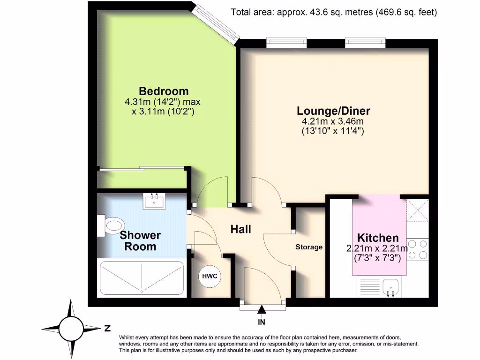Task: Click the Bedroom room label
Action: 164,91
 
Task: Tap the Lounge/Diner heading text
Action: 333,111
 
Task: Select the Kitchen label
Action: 378,238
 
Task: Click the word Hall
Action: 240,229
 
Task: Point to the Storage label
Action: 309,247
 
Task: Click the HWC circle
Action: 210,276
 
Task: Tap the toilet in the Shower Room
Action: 110,225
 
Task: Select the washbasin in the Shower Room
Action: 154,202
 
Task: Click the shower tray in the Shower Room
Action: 142,277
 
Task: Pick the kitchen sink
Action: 390,286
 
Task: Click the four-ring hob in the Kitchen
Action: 417,249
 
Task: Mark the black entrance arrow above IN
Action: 262,309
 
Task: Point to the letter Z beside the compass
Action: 107,329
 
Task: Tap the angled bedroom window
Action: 217,23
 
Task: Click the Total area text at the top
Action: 334,13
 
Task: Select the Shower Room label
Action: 140,240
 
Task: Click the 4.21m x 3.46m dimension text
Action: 333,122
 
